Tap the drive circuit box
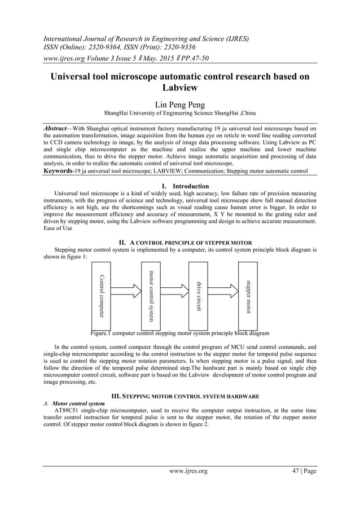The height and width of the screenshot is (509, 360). coord(199,295)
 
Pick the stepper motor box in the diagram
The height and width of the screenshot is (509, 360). coord(248,295)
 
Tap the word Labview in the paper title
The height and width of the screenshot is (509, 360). coord(179,88)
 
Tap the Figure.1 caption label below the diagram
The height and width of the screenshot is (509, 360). coord(99,334)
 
